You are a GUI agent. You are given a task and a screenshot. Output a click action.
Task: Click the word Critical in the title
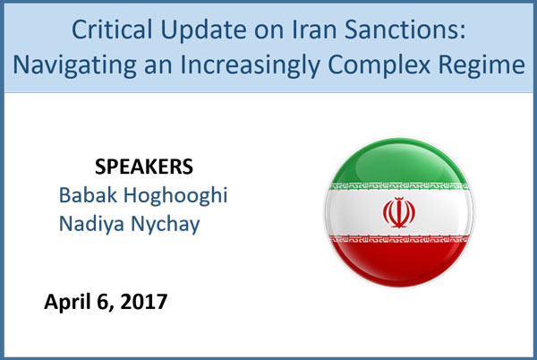(112, 30)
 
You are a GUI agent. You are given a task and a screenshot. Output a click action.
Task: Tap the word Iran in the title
(314, 30)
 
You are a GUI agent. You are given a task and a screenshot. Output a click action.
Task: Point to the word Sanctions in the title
(405, 30)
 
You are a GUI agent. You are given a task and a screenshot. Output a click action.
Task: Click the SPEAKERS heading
(144, 167)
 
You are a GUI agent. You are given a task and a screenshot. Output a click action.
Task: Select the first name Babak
(88, 195)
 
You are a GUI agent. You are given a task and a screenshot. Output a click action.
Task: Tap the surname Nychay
(166, 225)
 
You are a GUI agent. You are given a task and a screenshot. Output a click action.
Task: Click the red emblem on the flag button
(399, 213)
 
